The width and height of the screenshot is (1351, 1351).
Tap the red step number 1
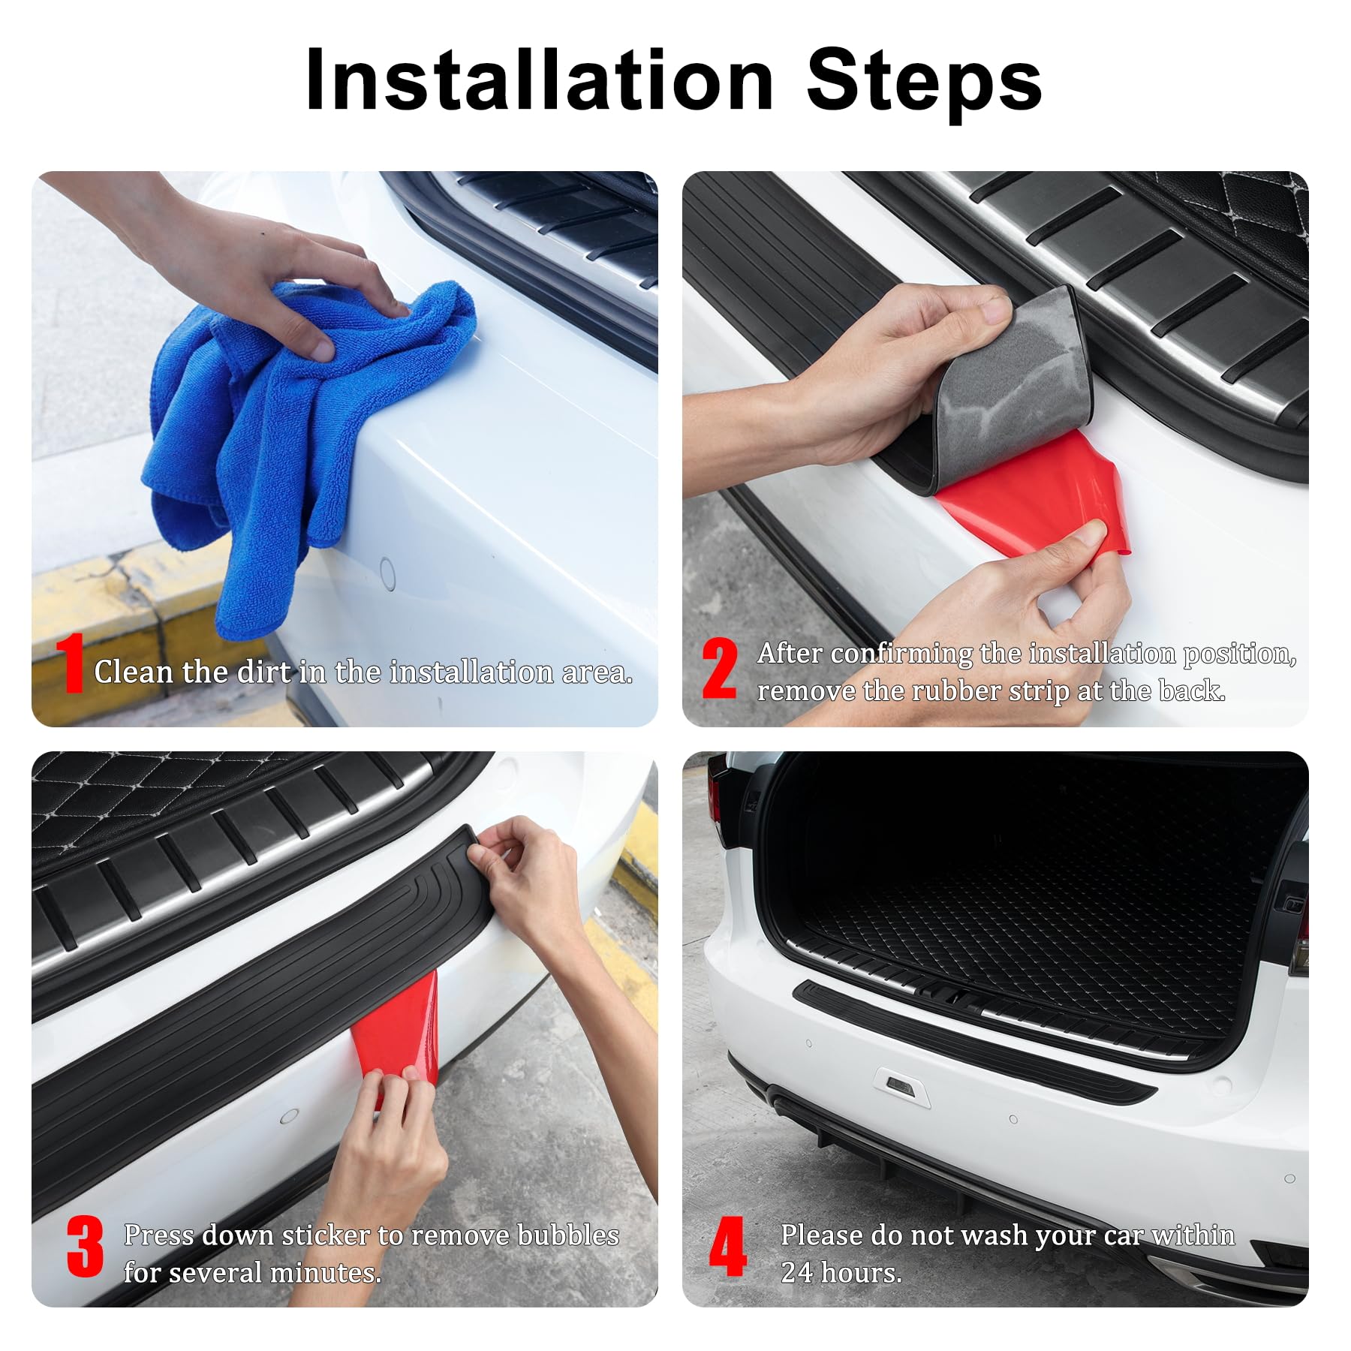73,663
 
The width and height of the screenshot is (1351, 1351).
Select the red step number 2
719,669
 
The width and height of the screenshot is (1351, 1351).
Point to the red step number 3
85,1247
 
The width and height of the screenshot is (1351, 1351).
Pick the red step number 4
727,1247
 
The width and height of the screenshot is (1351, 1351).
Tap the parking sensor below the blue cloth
387,574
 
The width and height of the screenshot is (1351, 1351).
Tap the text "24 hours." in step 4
841,1272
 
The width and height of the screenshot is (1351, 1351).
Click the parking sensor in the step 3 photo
289,1117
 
